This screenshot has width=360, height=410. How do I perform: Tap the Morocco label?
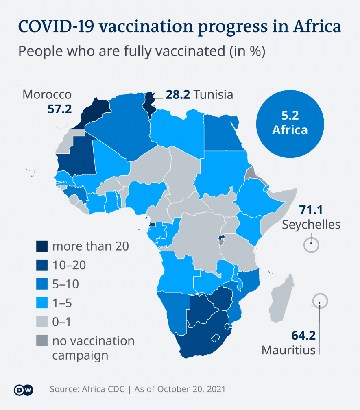(47, 95)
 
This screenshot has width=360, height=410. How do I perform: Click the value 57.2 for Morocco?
(60, 109)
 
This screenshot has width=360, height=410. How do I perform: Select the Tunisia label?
(214, 95)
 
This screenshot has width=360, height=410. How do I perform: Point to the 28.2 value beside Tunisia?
(178, 95)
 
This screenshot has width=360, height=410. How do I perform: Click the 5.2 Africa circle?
(290, 123)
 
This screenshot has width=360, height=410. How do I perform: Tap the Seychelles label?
(311, 224)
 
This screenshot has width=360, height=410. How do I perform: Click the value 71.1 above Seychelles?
(311, 210)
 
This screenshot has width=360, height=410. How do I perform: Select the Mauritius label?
(288, 349)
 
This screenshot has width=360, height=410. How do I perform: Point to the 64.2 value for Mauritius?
(303, 336)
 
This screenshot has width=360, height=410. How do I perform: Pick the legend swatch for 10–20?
(42, 265)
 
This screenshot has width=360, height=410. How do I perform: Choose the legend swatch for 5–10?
(42, 284)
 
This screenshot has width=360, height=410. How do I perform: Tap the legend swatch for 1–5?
(42, 303)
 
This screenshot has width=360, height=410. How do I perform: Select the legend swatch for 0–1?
(42, 322)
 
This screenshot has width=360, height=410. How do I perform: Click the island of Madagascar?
(280, 297)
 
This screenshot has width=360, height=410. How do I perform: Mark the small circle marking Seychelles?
(311, 245)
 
